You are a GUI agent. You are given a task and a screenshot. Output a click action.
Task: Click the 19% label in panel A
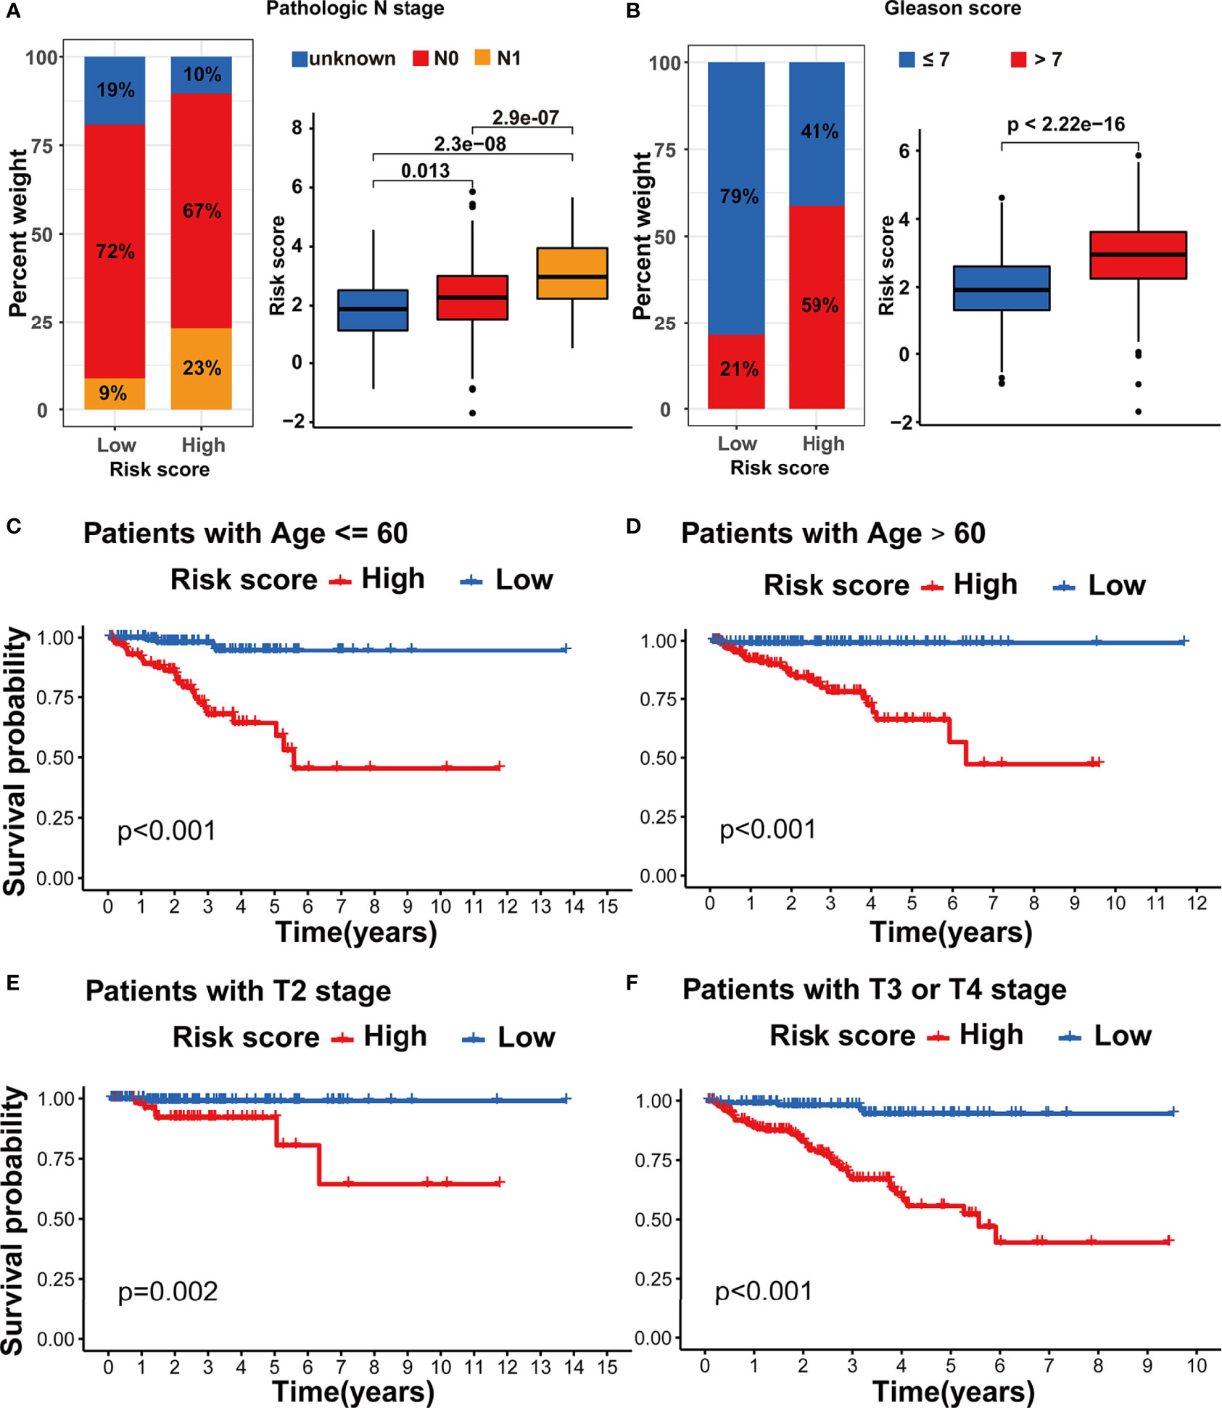tap(115, 90)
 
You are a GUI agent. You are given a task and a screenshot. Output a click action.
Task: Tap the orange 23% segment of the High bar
tap(202, 368)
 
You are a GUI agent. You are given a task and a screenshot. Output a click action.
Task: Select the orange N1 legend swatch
tap(482, 58)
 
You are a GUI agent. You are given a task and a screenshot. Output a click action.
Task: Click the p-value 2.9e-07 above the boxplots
tap(525, 117)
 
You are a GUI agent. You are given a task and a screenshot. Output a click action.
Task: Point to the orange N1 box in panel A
tap(572, 273)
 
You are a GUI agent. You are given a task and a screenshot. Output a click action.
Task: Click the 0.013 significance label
tap(425, 171)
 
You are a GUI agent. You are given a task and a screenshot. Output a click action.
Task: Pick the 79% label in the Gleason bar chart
tap(738, 196)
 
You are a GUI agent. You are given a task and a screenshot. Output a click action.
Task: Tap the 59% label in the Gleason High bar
tap(820, 305)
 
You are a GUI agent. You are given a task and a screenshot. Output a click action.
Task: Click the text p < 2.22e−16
tap(1065, 125)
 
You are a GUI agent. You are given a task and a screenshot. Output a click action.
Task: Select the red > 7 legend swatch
tap(1018, 59)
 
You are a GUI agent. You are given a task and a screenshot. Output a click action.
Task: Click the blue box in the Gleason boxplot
tap(1001, 288)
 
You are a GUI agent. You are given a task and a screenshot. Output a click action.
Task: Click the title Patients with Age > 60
tap(833, 534)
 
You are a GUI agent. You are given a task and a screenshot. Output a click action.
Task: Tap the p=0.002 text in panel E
tap(168, 1291)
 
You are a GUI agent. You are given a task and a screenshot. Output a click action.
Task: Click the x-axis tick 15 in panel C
tap(608, 906)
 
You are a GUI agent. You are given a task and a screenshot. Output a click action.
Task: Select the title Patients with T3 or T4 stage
tap(874, 990)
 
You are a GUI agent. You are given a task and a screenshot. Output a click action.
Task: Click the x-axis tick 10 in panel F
tap(1196, 1366)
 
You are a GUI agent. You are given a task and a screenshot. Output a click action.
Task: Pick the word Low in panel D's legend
tap(1116, 585)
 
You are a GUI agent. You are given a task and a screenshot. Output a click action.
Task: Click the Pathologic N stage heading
tap(355, 9)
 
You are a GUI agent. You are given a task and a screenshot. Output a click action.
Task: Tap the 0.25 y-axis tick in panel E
tap(55, 1279)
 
